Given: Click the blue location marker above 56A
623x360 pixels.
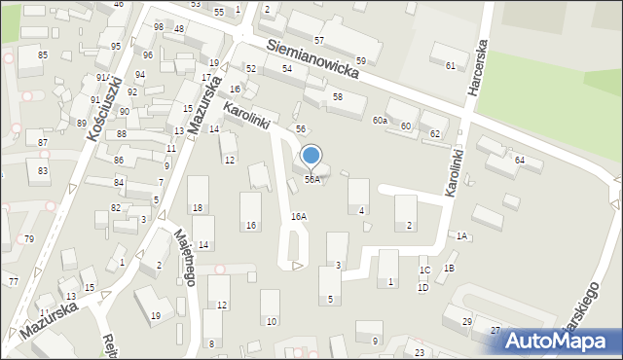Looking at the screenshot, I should point(311,156).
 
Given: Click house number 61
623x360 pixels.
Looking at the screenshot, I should point(450,65).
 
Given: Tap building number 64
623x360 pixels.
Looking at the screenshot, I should point(520,160).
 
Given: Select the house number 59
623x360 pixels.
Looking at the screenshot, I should point(361,61).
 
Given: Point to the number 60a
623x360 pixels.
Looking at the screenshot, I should point(380,121).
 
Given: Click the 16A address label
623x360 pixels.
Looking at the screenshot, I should point(299,217).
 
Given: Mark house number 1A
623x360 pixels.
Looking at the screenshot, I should point(461,236).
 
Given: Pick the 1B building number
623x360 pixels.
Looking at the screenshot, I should point(449,268).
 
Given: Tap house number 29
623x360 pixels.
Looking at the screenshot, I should point(467,322).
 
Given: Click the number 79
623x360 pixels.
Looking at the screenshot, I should point(29,239).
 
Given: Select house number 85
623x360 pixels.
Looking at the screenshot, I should point(43,54).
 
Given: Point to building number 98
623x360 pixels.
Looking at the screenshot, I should point(159,26).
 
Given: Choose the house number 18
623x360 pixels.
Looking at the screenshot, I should point(198,208).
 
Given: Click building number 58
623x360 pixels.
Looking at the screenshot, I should point(337,97).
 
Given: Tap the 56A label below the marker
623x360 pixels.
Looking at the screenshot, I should point(311,180).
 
